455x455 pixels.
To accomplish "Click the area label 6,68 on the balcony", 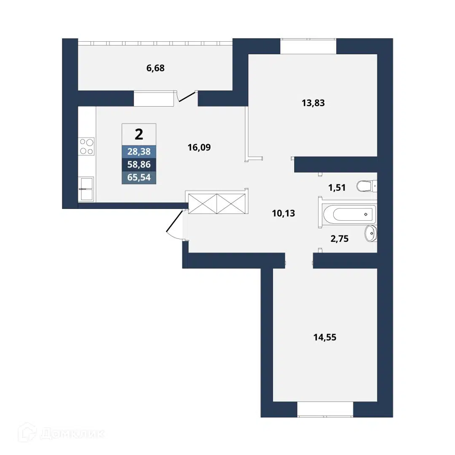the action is point(155,68).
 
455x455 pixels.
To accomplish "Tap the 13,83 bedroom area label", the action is point(313,103).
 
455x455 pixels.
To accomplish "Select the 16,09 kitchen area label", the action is point(199,147).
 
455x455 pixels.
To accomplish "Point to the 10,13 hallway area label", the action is point(284,214).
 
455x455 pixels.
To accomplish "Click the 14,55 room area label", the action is point(325,337).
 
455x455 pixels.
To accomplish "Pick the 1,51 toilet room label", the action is point(337,188).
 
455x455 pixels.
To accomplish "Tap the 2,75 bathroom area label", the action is point(340,239).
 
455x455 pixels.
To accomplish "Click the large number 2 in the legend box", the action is point(139,134).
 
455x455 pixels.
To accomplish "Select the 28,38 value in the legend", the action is point(139,152).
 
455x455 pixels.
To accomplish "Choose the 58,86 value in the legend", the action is point(139,165).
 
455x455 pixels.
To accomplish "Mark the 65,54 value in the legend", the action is point(139,177).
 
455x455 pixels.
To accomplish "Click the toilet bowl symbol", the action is point(367,186).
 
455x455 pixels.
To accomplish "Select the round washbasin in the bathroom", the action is point(371,233).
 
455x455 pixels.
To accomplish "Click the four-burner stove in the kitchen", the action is point(86,146).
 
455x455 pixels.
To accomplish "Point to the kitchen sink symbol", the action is point(86,189).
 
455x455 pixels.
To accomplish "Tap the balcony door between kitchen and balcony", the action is point(186,96).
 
